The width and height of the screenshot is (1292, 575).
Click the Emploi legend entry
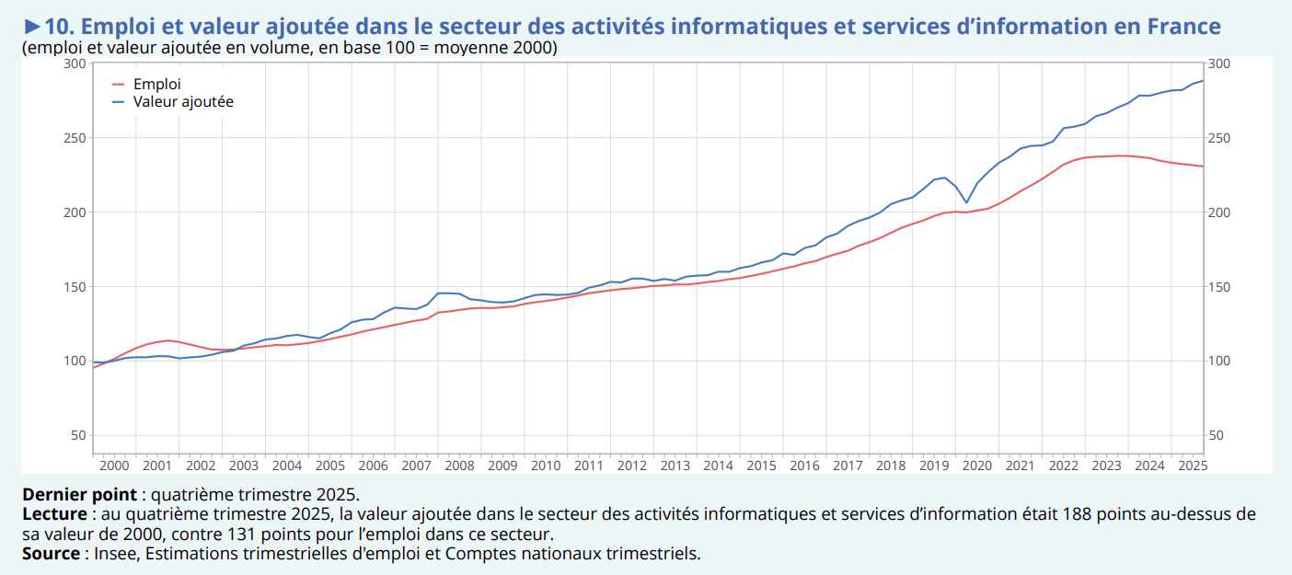pyautogui.click(x=156, y=84)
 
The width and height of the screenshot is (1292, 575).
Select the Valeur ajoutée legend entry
pyautogui.click(x=182, y=101)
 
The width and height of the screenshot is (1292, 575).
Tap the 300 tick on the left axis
pyautogui.click(x=75, y=63)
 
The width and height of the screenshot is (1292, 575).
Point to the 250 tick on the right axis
pyautogui.click(x=1218, y=138)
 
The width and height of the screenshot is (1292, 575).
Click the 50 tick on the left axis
pyautogui.click(x=78, y=435)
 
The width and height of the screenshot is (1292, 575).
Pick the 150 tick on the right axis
pyautogui.click(x=1218, y=287)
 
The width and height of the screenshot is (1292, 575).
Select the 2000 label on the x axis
pyautogui.click(x=114, y=466)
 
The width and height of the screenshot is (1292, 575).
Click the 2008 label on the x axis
pyautogui.click(x=459, y=466)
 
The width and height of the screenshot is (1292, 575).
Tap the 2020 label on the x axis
pyautogui.click(x=977, y=466)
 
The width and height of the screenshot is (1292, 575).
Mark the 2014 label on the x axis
pyautogui.click(x=718, y=466)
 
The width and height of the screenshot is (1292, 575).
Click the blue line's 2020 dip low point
pyautogui.click(x=966, y=202)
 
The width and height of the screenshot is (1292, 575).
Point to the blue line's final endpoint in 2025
pyautogui.click(x=1203, y=80)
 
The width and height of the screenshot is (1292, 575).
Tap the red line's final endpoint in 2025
pyautogui.click(x=1203, y=167)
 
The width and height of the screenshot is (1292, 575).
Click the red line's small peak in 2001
pyautogui.click(x=167, y=340)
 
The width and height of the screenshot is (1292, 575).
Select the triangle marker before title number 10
pyautogui.click(x=32, y=26)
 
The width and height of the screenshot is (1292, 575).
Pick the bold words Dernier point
pyautogui.click(x=79, y=494)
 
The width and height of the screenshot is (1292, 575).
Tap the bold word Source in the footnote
pyautogui.click(x=51, y=553)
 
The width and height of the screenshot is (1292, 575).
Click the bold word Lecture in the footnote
pyautogui.click(x=54, y=513)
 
